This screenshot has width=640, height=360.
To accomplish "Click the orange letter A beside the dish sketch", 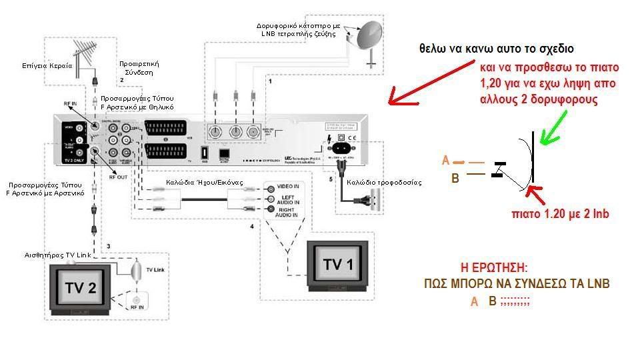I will point(446,161).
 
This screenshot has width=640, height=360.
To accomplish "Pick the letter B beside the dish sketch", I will point(455,178).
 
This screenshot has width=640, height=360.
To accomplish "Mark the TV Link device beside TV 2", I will point(135,272).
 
